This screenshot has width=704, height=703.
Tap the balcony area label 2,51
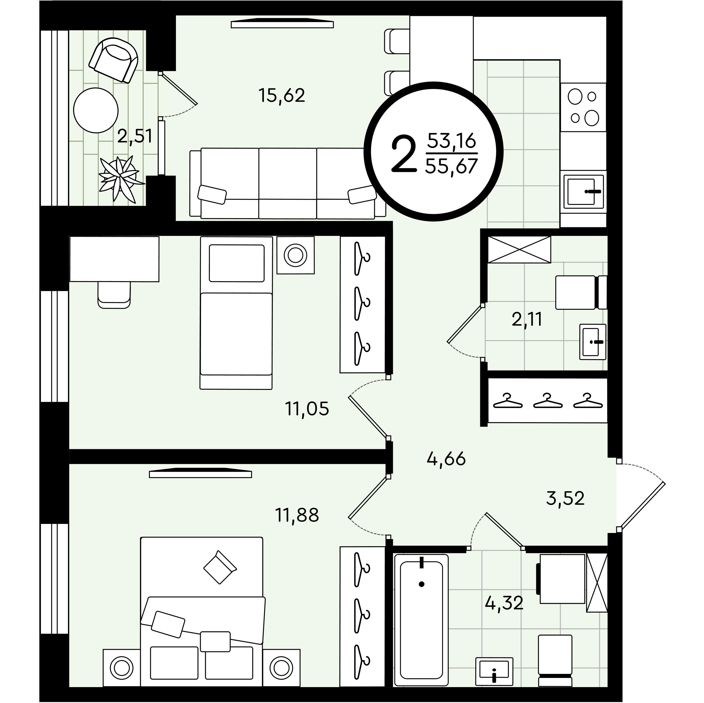coord(134,136)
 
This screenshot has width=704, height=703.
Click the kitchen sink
coord(583,191)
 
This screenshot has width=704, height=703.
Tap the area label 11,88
coord(297,515)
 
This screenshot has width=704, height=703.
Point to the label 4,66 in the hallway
coord(446,459)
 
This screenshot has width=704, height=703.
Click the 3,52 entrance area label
coord(565,498)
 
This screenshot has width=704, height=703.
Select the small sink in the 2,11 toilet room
coord(592,342)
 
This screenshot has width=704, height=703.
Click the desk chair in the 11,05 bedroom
coord(114,295)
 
